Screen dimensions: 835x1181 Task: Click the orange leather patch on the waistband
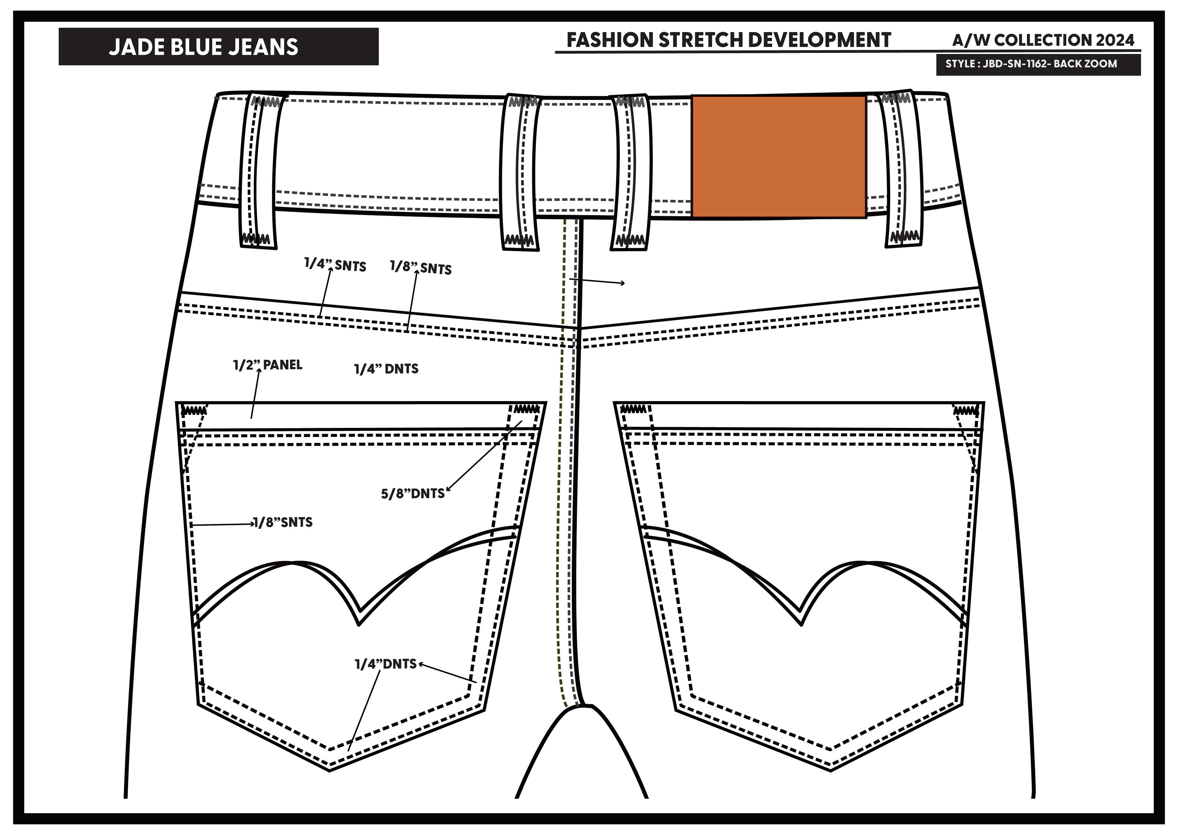pos(778,157)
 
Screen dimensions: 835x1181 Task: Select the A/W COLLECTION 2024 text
pos(1043,40)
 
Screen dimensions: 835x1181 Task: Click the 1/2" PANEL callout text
pos(268,365)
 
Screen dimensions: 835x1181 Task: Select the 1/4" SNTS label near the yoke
pos(335,265)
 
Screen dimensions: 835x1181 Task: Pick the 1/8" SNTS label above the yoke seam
pos(421,268)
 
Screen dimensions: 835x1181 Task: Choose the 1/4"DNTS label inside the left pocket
pos(386,664)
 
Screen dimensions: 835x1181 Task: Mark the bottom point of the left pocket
pos(329,770)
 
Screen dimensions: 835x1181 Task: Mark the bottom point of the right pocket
pos(830,770)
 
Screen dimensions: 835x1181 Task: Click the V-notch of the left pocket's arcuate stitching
pos(359,623)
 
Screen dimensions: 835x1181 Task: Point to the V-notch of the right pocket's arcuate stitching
pos(801,623)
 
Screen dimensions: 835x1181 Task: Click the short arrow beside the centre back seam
pos(597,281)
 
